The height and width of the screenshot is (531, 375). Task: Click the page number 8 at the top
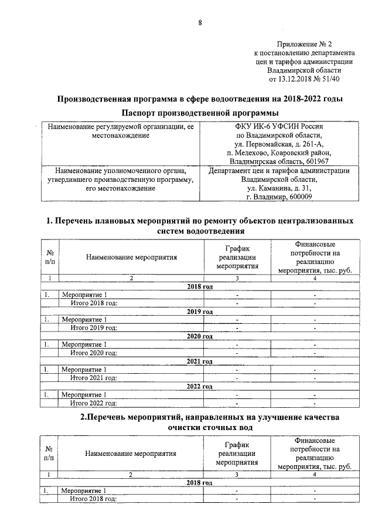199,23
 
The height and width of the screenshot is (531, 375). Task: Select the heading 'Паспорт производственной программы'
200,113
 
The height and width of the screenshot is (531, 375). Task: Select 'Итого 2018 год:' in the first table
94,303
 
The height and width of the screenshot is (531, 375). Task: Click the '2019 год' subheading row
199,311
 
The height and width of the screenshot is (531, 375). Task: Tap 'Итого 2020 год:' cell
94,353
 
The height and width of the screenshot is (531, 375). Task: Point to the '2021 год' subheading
199,361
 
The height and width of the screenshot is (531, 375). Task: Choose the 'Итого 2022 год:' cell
94,403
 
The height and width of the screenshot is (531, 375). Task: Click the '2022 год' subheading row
199,386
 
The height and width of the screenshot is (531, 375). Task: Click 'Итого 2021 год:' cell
94,378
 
